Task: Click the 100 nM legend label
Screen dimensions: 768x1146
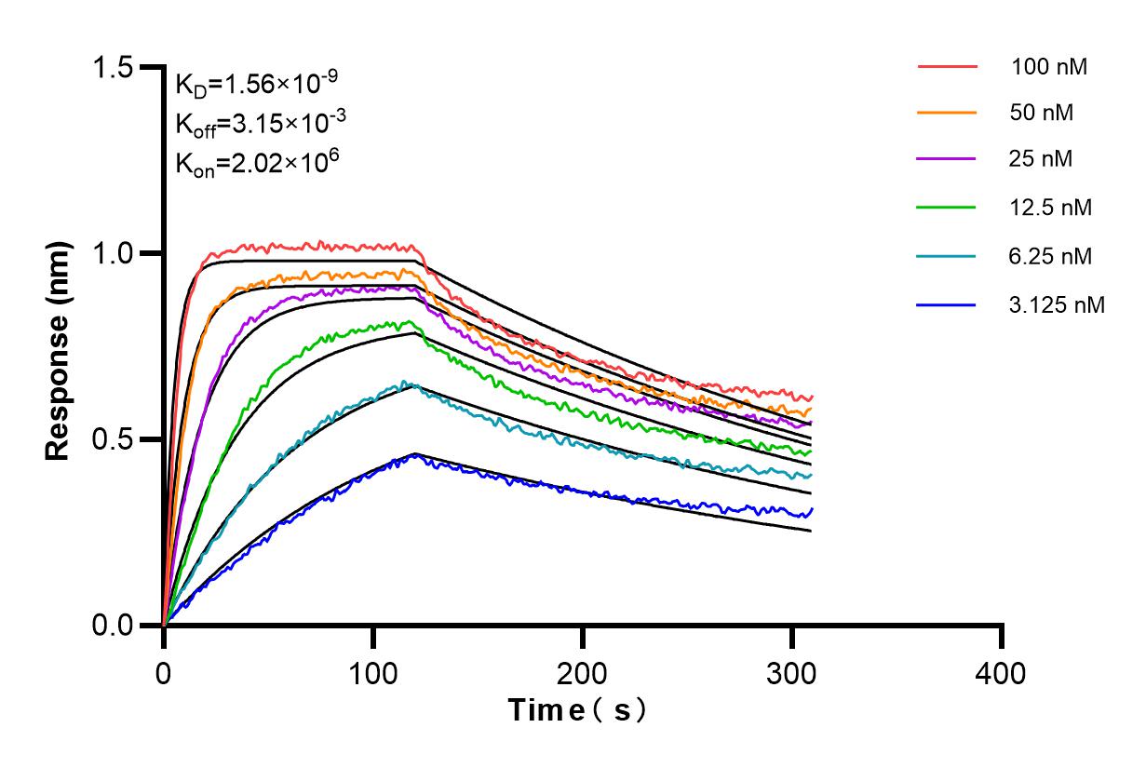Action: (x=1049, y=67)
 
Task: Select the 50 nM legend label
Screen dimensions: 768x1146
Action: (x=1042, y=113)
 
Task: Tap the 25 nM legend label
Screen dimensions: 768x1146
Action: (x=1042, y=159)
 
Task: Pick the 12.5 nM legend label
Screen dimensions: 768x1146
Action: (x=1051, y=207)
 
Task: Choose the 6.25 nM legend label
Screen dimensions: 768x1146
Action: (x=1051, y=255)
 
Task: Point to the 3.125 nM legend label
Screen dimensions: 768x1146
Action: (x=1057, y=303)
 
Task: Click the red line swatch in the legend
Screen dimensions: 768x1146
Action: (x=947, y=67)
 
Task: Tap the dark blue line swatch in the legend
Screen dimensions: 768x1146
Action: (x=947, y=303)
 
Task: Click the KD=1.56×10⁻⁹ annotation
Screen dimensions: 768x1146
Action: (x=256, y=85)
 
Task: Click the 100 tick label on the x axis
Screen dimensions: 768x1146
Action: (x=372, y=671)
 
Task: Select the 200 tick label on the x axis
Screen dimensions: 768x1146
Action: (x=583, y=671)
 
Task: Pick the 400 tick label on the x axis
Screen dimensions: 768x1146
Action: (x=1002, y=671)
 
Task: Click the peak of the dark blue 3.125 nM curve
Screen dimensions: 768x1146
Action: (x=414, y=454)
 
